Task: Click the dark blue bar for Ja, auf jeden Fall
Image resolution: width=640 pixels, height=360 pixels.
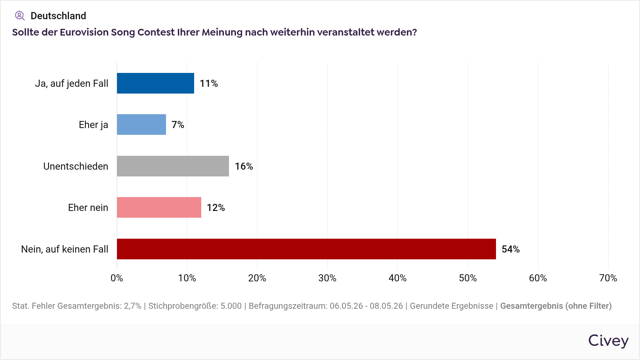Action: pyautogui.click(x=155, y=83)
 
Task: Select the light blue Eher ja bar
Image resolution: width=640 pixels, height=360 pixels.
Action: pyautogui.click(x=142, y=125)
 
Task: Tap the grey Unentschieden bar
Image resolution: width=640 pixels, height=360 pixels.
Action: pyautogui.click(x=173, y=166)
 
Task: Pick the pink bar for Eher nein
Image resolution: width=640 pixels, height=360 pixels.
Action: pyautogui.click(x=159, y=207)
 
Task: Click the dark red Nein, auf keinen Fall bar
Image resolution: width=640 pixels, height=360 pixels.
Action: pyautogui.click(x=306, y=249)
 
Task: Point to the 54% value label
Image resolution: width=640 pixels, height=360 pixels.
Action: pyautogui.click(x=511, y=249)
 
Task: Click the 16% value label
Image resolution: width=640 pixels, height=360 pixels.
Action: pyautogui.click(x=244, y=166)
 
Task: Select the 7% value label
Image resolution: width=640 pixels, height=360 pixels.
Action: pyautogui.click(x=178, y=125)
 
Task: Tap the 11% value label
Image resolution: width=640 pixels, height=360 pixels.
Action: pyautogui.click(x=209, y=83)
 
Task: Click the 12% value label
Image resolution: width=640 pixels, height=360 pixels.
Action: pyautogui.click(x=216, y=207)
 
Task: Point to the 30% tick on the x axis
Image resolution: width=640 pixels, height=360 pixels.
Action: pyautogui.click(x=327, y=278)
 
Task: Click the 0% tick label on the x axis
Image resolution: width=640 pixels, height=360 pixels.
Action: pyautogui.click(x=117, y=278)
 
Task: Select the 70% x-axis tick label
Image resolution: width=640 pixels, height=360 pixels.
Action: pyautogui.click(x=608, y=278)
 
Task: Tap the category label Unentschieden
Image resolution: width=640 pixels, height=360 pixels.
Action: pyautogui.click(x=76, y=166)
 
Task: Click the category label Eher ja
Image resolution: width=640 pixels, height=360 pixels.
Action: pyautogui.click(x=94, y=125)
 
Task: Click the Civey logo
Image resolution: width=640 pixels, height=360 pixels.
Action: pyautogui.click(x=608, y=341)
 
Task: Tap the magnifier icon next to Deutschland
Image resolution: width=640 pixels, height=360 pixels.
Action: pyautogui.click(x=20, y=16)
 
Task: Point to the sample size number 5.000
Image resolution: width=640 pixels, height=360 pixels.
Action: pyautogui.click(x=231, y=306)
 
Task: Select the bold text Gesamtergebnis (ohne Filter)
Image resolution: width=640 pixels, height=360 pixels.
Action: pyautogui.click(x=556, y=306)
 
